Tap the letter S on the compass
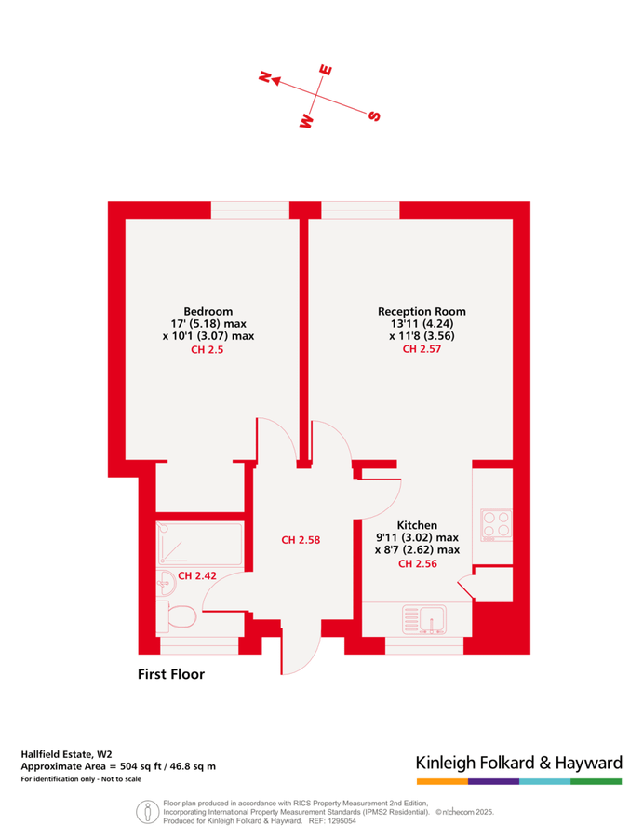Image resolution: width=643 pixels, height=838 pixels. tap(374, 115)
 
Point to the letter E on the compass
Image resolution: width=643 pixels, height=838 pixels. tap(326, 70)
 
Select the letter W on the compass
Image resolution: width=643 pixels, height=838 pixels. tap(305, 120)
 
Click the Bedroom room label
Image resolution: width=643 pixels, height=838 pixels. tap(208, 311)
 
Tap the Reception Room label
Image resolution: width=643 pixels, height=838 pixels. tap(422, 311)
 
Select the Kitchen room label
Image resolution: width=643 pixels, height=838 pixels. tap(416, 525)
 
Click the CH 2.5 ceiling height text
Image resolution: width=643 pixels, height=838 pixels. tap(208, 350)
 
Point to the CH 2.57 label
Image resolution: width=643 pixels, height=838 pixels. tap(422, 350)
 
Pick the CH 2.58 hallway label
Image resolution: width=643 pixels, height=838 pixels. tap(301, 539)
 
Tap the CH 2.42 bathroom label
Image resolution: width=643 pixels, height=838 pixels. tap(197, 575)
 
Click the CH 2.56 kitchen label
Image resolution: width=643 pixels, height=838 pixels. tap(417, 563)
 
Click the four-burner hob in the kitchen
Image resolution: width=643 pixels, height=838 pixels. tap(495, 526)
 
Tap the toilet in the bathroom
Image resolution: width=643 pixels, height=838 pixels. tap(180, 616)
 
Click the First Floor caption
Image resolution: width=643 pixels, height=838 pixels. tap(170, 673)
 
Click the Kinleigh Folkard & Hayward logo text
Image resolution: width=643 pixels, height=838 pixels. tap(518, 764)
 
